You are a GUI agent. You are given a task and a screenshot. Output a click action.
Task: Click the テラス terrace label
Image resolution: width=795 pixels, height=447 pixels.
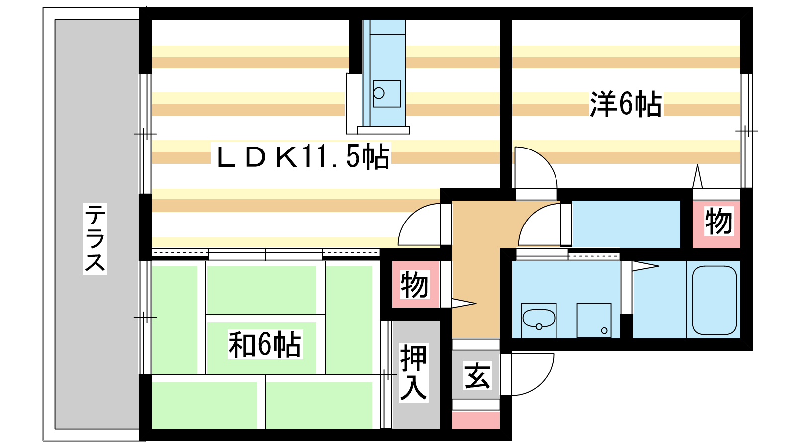[x=95, y=238]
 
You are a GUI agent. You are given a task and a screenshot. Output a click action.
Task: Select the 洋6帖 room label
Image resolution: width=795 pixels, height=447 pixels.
[x=626, y=104]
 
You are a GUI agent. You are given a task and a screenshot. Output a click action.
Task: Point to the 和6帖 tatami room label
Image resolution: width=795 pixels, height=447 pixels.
[x=265, y=344]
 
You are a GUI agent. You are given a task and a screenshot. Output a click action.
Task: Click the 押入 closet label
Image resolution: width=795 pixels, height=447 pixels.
[x=413, y=372]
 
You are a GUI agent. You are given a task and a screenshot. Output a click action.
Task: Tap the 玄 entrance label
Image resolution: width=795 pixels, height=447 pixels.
[x=477, y=375]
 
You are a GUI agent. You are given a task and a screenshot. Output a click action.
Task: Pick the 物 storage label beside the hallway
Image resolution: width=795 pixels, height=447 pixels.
[x=414, y=285]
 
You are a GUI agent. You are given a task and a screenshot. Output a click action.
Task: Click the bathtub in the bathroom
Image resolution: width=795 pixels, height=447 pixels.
[x=715, y=300]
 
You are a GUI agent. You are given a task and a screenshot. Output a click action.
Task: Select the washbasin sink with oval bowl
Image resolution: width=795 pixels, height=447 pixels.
[x=539, y=320]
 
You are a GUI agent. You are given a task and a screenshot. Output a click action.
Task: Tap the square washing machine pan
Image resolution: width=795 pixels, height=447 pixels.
[x=594, y=320]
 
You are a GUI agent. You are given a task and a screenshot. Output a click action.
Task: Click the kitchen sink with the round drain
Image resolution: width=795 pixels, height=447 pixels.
[x=387, y=94]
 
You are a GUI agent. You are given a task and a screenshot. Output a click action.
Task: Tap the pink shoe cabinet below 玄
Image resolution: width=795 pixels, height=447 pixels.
[x=476, y=420]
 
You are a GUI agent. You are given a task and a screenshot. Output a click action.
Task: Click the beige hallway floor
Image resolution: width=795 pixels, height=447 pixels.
[x=476, y=270]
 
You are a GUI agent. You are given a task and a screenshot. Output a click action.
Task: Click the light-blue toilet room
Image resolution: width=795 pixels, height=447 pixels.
[x=626, y=224]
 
